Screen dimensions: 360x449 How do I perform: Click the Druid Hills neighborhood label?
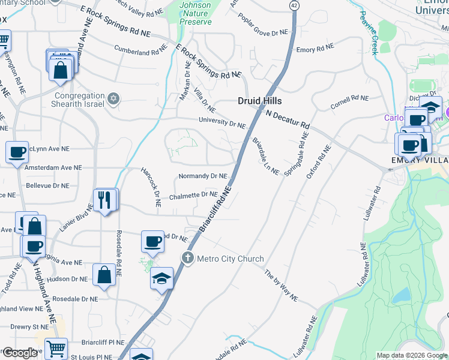[259, 101]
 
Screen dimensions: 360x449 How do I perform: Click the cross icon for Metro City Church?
[188, 258]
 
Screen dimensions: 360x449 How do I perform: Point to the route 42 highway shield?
[293, 5]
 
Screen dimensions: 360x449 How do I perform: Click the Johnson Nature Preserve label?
[195, 13]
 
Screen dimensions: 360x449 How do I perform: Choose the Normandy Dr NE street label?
[203, 176]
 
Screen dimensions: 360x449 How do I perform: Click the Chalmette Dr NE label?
[193, 194]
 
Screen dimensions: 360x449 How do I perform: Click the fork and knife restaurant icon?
[106, 199]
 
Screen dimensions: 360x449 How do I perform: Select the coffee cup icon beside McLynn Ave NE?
[17, 152]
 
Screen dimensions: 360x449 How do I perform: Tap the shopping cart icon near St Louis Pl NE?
[56, 349]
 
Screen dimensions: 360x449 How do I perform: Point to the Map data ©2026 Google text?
[411, 355]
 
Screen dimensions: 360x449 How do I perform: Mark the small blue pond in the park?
[400, 295]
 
